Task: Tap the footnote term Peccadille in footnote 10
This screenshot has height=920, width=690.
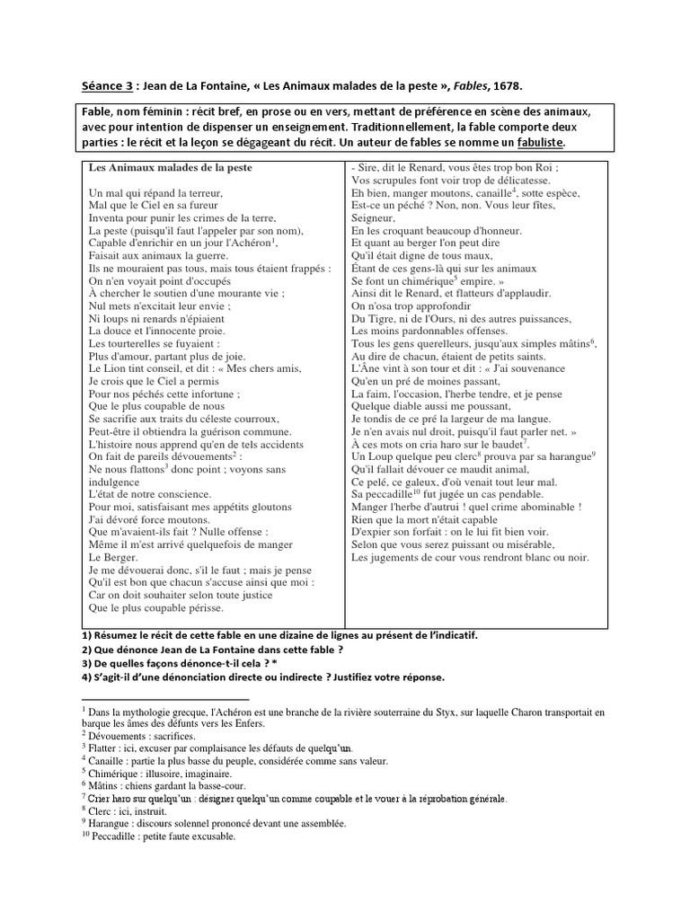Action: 119,836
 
